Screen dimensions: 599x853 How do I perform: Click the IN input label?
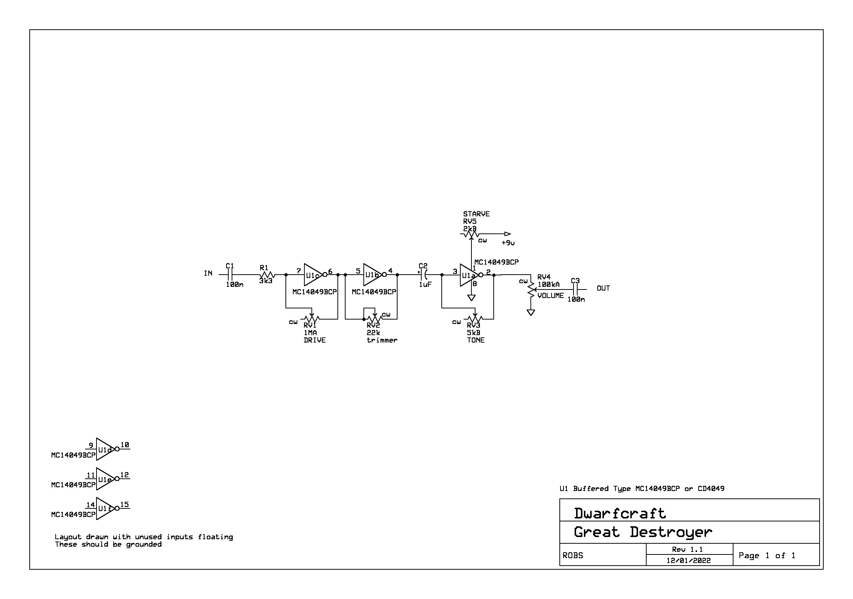pos(208,274)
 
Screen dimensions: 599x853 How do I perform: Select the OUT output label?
pos(603,288)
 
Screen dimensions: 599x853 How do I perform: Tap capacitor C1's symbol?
pos(231,275)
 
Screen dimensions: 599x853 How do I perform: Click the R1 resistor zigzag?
pos(267,275)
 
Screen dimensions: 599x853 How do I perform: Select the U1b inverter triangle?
pos(372,275)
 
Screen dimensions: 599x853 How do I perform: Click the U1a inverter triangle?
pos(469,275)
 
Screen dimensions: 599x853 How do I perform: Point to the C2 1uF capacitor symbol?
pos(424,275)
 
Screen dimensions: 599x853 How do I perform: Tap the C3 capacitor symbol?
pos(575,289)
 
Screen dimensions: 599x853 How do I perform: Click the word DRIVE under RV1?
pos(314,340)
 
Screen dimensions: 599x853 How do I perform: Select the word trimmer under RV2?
pos(382,340)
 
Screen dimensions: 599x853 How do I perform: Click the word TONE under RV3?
pos(475,340)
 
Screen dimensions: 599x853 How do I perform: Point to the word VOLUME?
pos(550,295)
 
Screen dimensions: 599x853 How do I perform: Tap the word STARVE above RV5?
pos(476,214)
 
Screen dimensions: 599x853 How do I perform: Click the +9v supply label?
pos(508,243)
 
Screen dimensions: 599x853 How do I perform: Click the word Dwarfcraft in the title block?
pos(620,514)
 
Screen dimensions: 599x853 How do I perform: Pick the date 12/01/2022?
pos(689,560)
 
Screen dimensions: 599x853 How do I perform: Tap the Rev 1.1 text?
pos(687,549)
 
